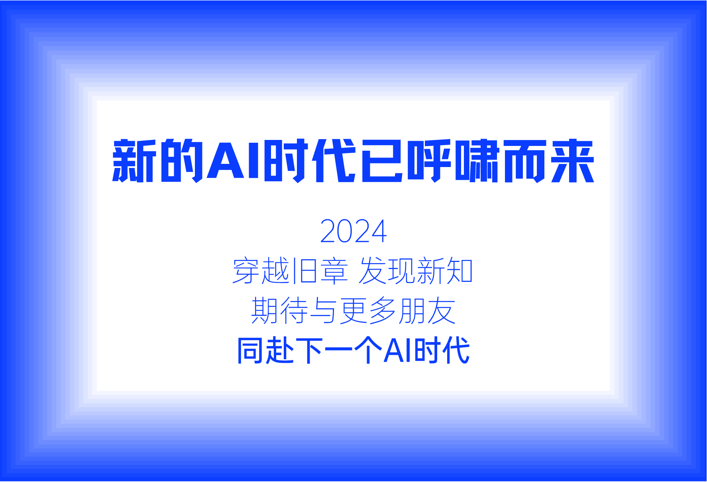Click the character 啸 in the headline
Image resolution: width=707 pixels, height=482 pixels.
coord(477,161)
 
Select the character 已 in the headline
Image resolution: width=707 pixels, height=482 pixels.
coord(381,161)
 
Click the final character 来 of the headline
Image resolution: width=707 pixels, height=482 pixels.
coord(573,161)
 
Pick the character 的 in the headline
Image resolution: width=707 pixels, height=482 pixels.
coord(182,161)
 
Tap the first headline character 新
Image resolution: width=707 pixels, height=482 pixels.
coord(134,161)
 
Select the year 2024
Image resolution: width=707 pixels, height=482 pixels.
coord(353,231)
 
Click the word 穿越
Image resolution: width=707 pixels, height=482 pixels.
coord(261,271)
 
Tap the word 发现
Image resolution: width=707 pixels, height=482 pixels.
coord(387,271)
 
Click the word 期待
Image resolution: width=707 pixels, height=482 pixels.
coord(279,311)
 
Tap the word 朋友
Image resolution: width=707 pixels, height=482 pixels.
coord(426,311)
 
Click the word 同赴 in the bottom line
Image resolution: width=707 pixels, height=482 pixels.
coord(265,351)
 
